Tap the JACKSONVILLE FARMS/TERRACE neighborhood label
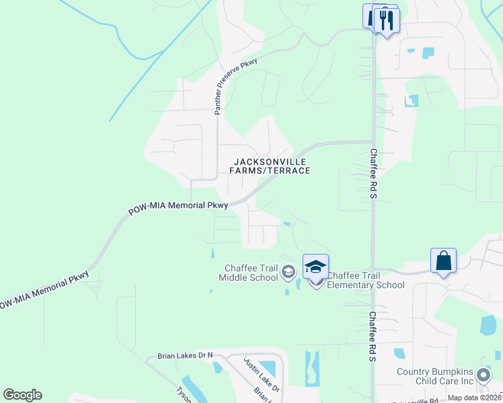click(x=270, y=166)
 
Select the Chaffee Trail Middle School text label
click(x=251, y=272)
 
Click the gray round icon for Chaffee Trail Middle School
click(x=288, y=271)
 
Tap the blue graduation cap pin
click(x=315, y=267)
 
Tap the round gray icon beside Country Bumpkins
click(x=483, y=375)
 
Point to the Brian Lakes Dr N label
click(x=185, y=355)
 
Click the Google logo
click(x=22, y=395)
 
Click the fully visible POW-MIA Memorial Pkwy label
click(x=179, y=208)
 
